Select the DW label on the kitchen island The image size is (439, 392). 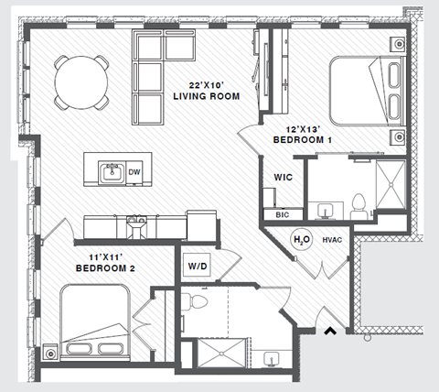134,171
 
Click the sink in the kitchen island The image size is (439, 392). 112,171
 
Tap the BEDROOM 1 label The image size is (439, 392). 303,140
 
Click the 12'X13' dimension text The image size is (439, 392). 302,129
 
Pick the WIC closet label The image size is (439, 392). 283,177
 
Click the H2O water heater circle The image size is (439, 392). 300,240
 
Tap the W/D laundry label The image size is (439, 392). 198,267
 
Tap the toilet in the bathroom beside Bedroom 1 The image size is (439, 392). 359,205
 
